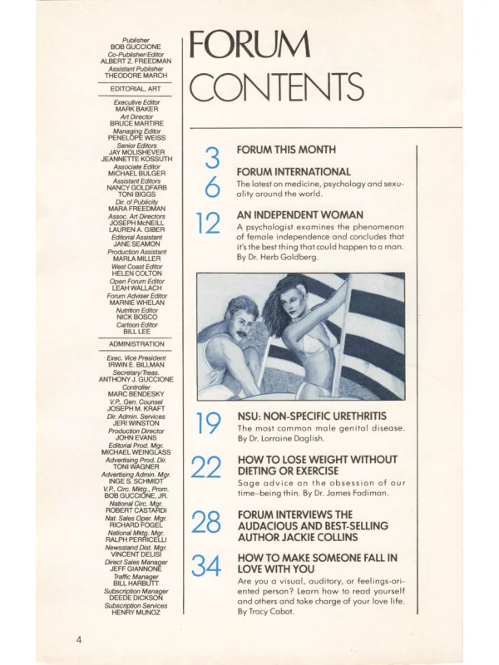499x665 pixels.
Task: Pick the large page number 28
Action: [x=206, y=523]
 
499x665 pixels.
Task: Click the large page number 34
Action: [x=206, y=567]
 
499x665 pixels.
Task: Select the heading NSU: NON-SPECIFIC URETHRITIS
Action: [x=312, y=415]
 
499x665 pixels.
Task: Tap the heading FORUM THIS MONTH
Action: [x=286, y=150]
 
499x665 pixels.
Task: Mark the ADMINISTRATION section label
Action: [x=136, y=343]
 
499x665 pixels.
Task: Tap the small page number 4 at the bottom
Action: [x=78, y=640]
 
